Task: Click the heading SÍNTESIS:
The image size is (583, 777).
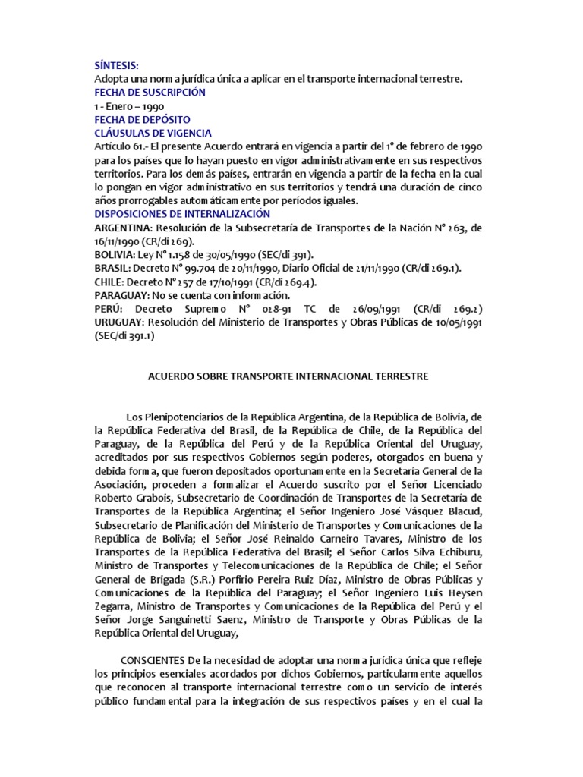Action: pos(117,67)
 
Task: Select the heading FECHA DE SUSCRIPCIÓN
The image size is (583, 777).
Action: pos(150,92)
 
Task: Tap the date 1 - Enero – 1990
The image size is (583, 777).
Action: pos(129,106)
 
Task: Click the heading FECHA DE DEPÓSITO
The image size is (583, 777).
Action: pos(142,120)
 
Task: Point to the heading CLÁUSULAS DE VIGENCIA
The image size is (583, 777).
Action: pos(153,134)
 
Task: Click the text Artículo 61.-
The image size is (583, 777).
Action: pos(121,146)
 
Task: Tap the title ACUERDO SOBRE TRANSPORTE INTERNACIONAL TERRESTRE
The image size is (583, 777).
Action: pos(286,376)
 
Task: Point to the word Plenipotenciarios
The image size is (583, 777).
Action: pos(188,417)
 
